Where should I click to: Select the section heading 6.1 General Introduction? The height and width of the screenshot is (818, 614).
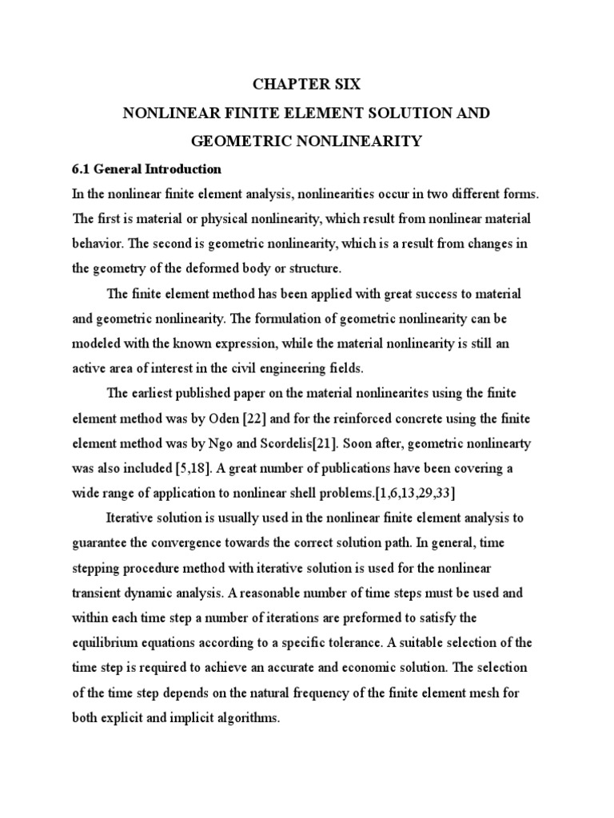pyautogui.click(x=147, y=169)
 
